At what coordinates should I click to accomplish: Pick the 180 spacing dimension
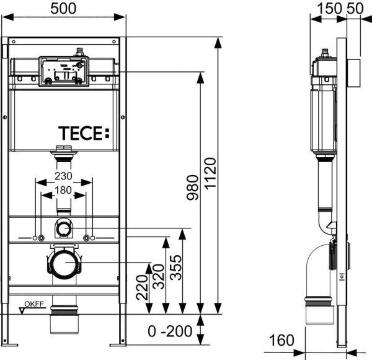pyautogui.click(x=64, y=189)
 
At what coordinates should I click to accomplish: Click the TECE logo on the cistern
pyautogui.click(x=83, y=132)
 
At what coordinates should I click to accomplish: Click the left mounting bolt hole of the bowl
pyautogui.click(x=40, y=238)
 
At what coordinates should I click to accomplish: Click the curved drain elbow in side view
pyautogui.click(x=319, y=267)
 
